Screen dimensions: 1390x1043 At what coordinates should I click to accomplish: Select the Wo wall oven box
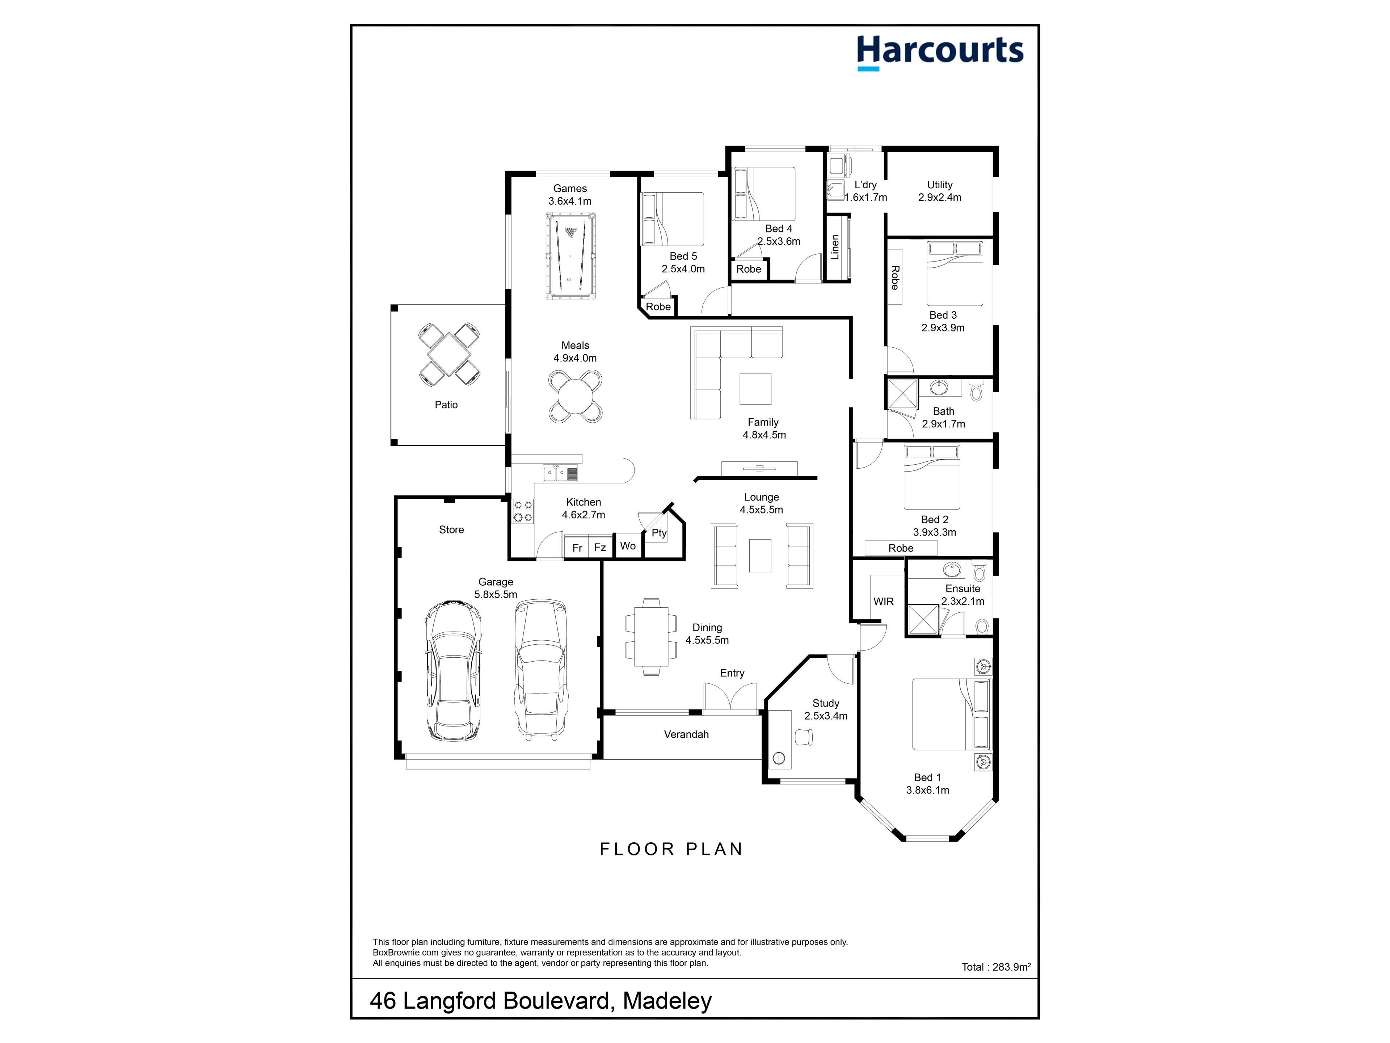coord(628,546)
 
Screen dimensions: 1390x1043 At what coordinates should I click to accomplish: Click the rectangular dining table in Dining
coord(651,636)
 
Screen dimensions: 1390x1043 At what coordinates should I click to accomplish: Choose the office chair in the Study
coord(804,737)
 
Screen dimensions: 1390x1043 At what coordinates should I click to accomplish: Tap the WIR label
coord(884,602)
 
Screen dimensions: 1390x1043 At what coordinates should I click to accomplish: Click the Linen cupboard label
coord(835,247)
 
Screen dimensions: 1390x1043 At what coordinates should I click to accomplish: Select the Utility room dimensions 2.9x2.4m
coord(940,197)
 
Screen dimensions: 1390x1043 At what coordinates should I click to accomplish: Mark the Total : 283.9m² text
coord(996,967)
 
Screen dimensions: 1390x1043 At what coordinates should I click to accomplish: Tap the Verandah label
coord(686,734)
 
